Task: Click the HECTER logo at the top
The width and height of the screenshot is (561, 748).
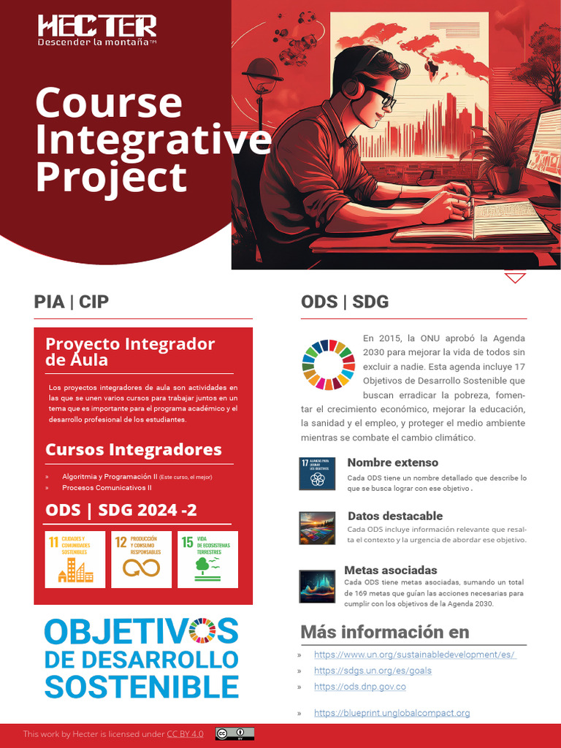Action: pyautogui.click(x=97, y=27)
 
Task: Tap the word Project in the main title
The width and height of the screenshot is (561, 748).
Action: pyautogui.click(x=111, y=177)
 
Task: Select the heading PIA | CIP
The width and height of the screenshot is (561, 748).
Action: pyautogui.click(x=72, y=302)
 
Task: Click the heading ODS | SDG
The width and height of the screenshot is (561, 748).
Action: pyautogui.click(x=345, y=302)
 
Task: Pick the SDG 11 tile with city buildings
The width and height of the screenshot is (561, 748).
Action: pyautogui.click(x=69, y=560)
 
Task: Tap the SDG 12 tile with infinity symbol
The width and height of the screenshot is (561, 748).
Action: pyautogui.click(x=141, y=560)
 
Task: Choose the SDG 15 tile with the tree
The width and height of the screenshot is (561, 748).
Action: pyautogui.click(x=207, y=560)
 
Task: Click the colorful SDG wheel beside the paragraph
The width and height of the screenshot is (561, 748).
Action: pyautogui.click(x=328, y=364)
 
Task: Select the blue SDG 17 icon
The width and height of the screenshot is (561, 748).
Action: pyautogui.click(x=317, y=474)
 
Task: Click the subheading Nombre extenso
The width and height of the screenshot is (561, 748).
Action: pyautogui.click(x=393, y=462)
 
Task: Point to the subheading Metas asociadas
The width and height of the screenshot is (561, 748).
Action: pyautogui.click(x=391, y=570)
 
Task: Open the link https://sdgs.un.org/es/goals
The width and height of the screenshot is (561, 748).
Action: pyautogui.click(x=373, y=671)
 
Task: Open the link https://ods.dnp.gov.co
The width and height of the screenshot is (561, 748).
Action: pyautogui.click(x=359, y=687)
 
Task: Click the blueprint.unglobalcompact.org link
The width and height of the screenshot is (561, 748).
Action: pyautogui.click(x=392, y=713)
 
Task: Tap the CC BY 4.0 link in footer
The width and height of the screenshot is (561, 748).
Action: pyautogui.click(x=185, y=734)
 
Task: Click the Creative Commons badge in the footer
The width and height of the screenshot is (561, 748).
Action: pyautogui.click(x=234, y=734)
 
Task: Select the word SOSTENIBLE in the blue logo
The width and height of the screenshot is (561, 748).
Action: pyautogui.click(x=142, y=687)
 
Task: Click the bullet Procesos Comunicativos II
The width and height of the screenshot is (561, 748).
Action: pyautogui.click(x=107, y=487)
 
